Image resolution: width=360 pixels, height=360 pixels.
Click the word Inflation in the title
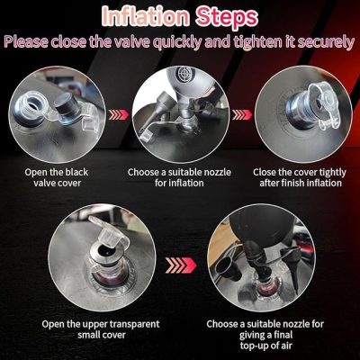coord(146,17)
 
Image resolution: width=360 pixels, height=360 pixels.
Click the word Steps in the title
coord(227,18)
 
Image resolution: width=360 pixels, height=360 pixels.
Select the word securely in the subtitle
coord(326,42)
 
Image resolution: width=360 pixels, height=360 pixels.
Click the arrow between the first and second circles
coord(119,114)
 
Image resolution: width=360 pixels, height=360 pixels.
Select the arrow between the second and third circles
coord(242,114)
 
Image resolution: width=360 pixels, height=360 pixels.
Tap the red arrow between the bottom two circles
coord(181,265)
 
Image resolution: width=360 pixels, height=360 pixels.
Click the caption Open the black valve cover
coord(57,177)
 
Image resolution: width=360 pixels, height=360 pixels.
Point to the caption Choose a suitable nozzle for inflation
coord(179,177)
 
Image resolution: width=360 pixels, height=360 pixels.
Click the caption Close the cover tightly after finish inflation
coord(300,177)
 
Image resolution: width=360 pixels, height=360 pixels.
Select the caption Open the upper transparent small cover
coord(101,329)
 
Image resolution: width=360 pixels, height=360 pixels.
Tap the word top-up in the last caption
coord(255,346)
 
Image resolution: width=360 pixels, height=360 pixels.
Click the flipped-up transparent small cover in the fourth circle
coord(110,231)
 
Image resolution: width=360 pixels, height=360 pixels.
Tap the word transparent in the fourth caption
coord(134,325)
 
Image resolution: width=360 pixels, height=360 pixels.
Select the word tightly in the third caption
coord(332,173)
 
